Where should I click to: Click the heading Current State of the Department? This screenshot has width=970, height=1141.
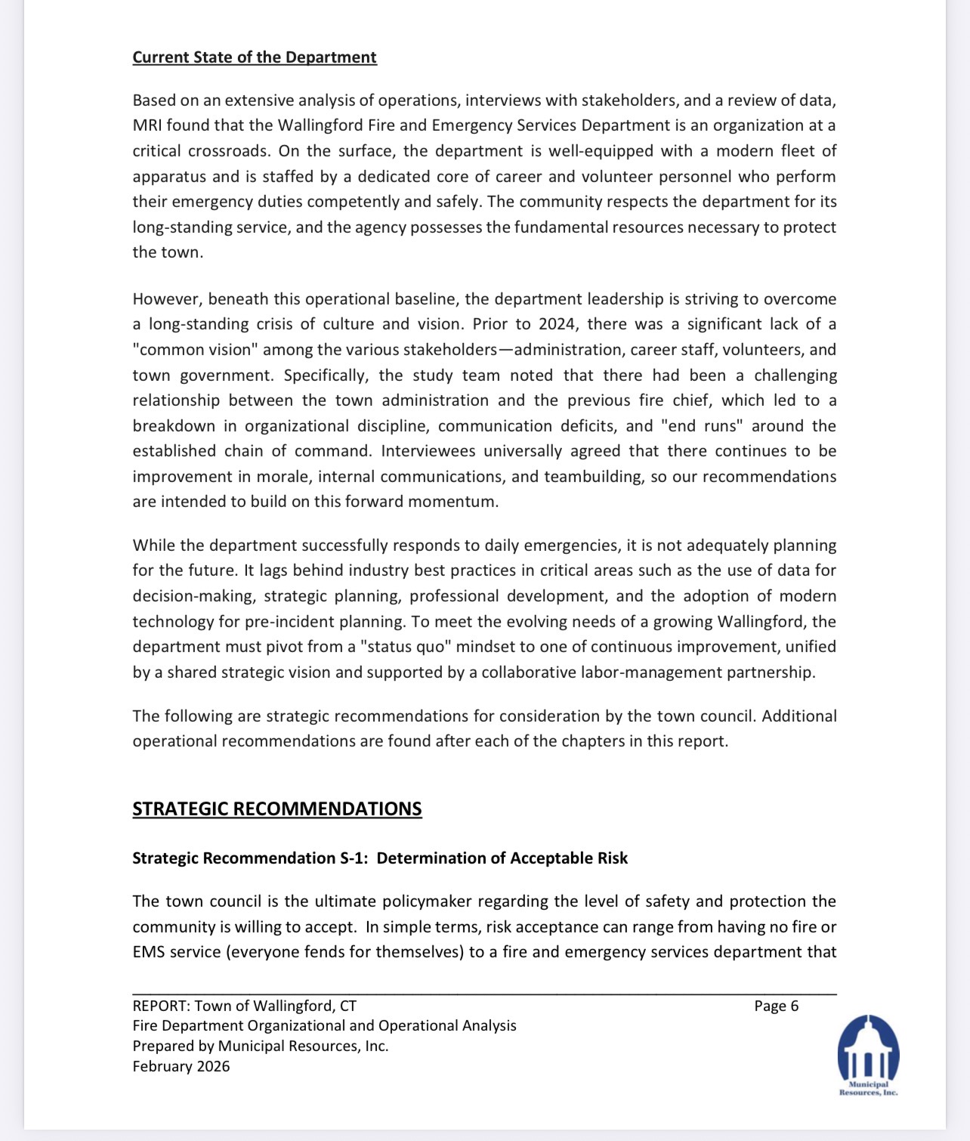point(255,57)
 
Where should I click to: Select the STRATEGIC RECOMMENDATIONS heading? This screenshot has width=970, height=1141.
point(276,809)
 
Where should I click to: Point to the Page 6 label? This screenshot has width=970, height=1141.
point(776,1006)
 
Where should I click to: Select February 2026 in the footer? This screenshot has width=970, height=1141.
point(181,1066)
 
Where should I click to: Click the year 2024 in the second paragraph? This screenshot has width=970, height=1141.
point(557,324)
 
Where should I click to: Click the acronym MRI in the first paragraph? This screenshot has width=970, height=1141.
point(147,125)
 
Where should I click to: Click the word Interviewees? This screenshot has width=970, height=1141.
point(428,451)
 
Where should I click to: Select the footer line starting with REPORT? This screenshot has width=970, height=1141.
point(244,1006)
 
